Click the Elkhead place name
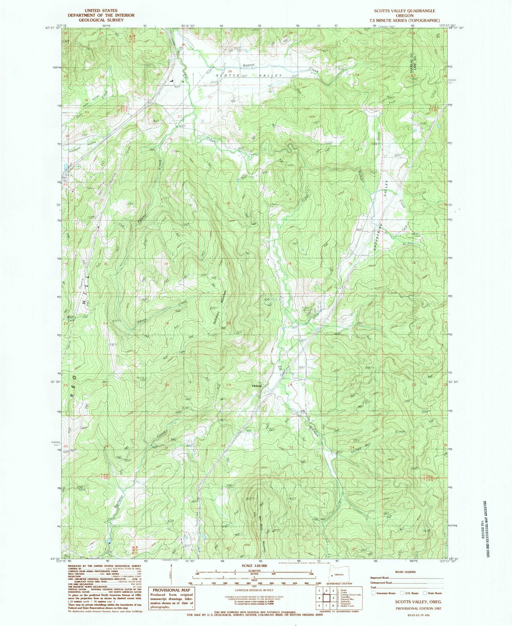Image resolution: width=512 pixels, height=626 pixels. pos(257,386)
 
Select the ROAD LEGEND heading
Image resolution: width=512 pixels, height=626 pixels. pos(406,572)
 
